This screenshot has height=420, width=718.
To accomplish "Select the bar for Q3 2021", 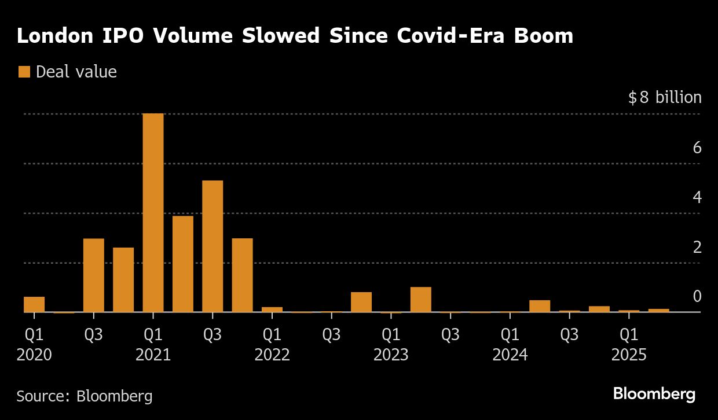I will tap(213, 246).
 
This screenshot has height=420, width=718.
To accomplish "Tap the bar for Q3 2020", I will tap(94, 275).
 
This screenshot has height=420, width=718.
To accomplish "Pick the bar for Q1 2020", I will tap(34, 304).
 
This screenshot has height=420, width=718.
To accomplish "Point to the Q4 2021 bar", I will tap(243, 275).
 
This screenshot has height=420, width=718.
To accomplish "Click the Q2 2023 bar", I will tap(421, 300).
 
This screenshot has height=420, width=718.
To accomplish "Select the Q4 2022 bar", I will tap(361, 302).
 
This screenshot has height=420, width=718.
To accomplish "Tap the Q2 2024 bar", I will tap(540, 306).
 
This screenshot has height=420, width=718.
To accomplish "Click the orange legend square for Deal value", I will tap(24, 72).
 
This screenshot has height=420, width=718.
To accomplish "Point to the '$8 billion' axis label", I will tap(665, 97).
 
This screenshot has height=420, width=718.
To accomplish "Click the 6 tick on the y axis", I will tap(697, 148).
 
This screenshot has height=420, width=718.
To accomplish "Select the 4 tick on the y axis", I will tap(697, 197).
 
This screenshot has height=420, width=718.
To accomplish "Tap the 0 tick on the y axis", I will tap(697, 297).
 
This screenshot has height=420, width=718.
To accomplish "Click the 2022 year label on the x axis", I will tap(272, 355).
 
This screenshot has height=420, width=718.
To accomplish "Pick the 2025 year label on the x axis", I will tap(629, 355).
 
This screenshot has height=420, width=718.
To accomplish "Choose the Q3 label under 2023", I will tap(450, 334).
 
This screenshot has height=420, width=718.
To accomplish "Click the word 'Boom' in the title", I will tap(545, 36).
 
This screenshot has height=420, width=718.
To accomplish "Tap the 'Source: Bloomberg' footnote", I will tap(85, 396).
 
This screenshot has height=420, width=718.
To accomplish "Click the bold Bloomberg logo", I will tap(654, 395).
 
